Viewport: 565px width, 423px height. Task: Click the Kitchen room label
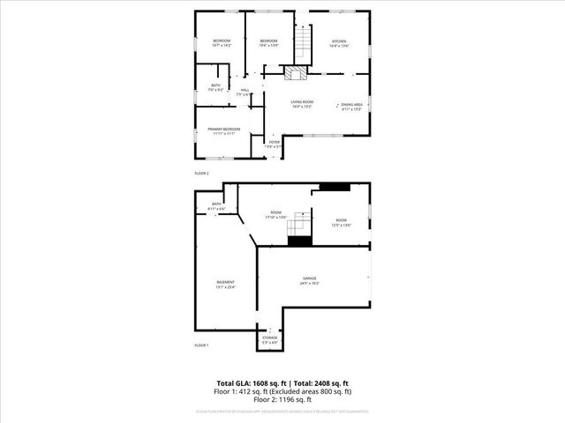click(x=339, y=43)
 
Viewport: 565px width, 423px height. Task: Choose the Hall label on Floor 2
click(x=245, y=92)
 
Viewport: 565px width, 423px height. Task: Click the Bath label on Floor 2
click(x=211, y=87)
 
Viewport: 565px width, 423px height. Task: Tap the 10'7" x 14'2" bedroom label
click(x=221, y=42)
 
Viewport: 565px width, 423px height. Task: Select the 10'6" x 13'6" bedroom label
click(x=268, y=42)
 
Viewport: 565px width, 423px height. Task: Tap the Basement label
click(x=226, y=284)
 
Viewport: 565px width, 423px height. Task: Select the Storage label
click(x=270, y=339)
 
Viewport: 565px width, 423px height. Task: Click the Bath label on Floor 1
click(x=217, y=206)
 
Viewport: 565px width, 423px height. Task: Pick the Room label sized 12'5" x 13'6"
click(x=341, y=223)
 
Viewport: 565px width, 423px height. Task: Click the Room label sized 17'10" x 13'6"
click(x=275, y=214)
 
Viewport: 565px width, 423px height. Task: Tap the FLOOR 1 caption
click(x=201, y=345)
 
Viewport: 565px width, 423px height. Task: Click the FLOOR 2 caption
click(x=201, y=174)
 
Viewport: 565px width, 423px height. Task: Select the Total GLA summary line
click(x=282, y=384)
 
